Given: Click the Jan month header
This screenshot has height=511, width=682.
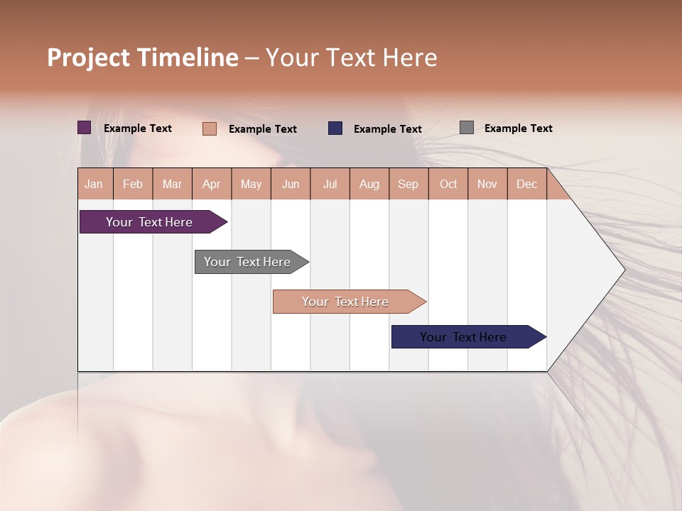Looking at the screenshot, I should tap(94, 184).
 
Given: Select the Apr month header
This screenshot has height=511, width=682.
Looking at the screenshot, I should tap(212, 184).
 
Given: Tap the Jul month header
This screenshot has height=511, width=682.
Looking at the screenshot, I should tap(330, 184).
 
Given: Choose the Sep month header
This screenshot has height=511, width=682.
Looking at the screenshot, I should tap(408, 184).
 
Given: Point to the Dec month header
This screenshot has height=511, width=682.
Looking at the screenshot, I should tap(526, 184).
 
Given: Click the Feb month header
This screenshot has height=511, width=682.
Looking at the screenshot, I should tap(133, 184).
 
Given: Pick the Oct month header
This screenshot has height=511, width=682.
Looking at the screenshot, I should tap(448, 184).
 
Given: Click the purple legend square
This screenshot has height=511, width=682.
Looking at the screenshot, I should tap(84, 128).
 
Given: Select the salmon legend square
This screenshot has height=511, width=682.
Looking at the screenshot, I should tap(209, 128).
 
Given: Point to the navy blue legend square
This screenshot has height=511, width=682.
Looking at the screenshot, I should tap(335, 128).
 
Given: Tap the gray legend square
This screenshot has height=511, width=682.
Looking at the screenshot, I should tap(466, 128).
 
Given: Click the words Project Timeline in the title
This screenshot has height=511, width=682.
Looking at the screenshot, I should tap(142, 57).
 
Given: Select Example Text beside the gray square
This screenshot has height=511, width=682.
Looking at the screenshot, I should tap(518, 128).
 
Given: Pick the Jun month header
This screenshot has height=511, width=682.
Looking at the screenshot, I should tap(291, 184).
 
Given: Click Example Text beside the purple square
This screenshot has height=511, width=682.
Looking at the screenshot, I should tap(137, 128).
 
